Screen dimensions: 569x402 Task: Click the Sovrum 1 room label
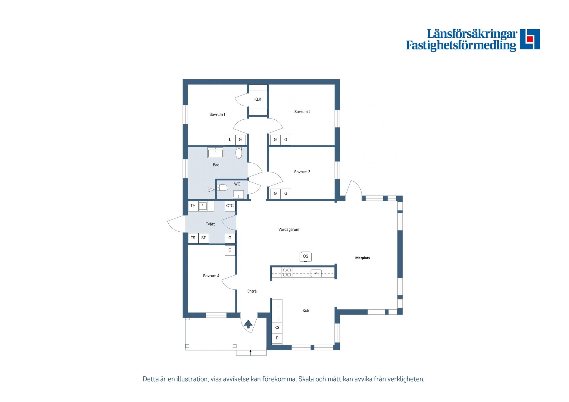point(217,114)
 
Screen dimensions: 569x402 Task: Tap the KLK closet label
point(258,99)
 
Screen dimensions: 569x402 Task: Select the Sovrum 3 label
point(302,172)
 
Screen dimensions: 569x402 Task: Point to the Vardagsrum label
point(289,229)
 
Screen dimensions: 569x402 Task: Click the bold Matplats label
point(362,258)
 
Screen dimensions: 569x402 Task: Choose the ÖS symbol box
point(306,257)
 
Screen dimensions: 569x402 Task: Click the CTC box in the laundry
point(230,206)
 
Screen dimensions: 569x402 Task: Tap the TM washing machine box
point(193,206)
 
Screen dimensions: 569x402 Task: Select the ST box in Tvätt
point(204,238)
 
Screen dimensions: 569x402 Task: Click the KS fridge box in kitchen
point(277,327)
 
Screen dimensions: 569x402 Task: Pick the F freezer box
point(277,338)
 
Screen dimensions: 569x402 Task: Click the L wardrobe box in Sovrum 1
point(230,140)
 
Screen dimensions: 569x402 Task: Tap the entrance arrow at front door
point(248,324)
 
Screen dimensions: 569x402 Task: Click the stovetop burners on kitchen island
point(287,272)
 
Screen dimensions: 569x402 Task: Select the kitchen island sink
point(316,273)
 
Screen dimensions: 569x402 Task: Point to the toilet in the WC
point(222,188)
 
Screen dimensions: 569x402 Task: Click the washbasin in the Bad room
point(215,152)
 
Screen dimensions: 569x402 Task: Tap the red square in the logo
point(530,39)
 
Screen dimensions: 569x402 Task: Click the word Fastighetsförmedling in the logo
point(461,45)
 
